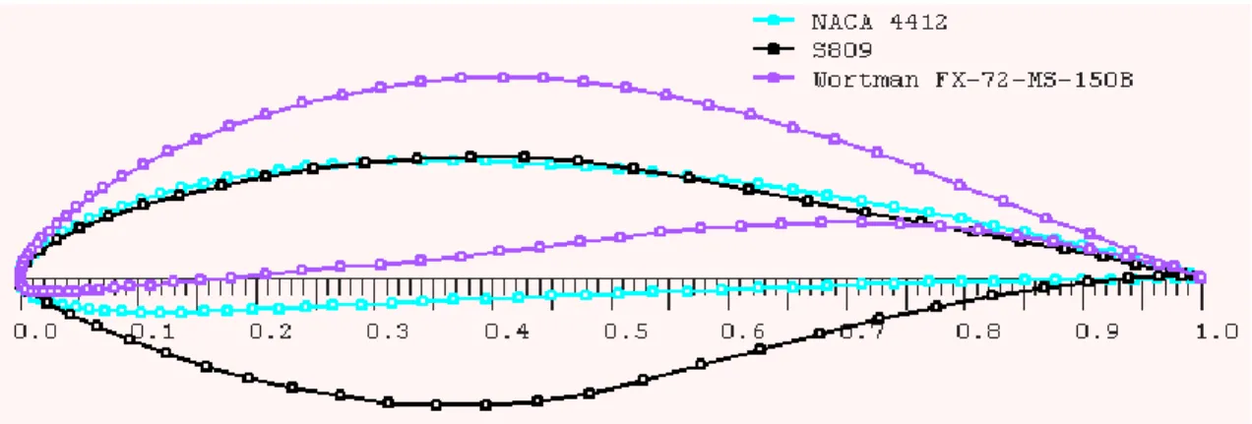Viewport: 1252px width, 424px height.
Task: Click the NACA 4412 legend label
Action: tap(879, 23)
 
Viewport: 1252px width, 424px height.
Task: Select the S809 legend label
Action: tap(842, 50)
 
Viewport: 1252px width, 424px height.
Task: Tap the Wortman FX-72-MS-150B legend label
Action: tap(973, 80)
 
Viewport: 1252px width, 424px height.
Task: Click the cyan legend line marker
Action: tap(774, 20)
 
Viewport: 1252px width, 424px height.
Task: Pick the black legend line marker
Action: tap(774, 48)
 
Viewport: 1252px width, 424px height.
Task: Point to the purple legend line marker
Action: tap(774, 78)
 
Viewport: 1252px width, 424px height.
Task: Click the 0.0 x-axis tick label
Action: tap(35, 332)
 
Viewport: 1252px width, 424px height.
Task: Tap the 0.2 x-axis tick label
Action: tap(271, 332)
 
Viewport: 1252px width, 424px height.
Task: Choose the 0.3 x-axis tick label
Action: tap(388, 332)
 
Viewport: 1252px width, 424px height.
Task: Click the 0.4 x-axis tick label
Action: tap(506, 332)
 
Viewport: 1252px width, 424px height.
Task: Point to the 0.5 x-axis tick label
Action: tap(625, 332)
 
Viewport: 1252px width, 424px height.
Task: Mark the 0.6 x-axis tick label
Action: tap(743, 332)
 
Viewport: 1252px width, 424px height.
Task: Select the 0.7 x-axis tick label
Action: tap(861, 333)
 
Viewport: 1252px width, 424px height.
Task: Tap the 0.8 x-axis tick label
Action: tap(978, 332)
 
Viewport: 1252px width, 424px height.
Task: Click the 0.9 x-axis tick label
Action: tap(1097, 332)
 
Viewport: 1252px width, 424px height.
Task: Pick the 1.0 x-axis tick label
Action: tap(1217, 332)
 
